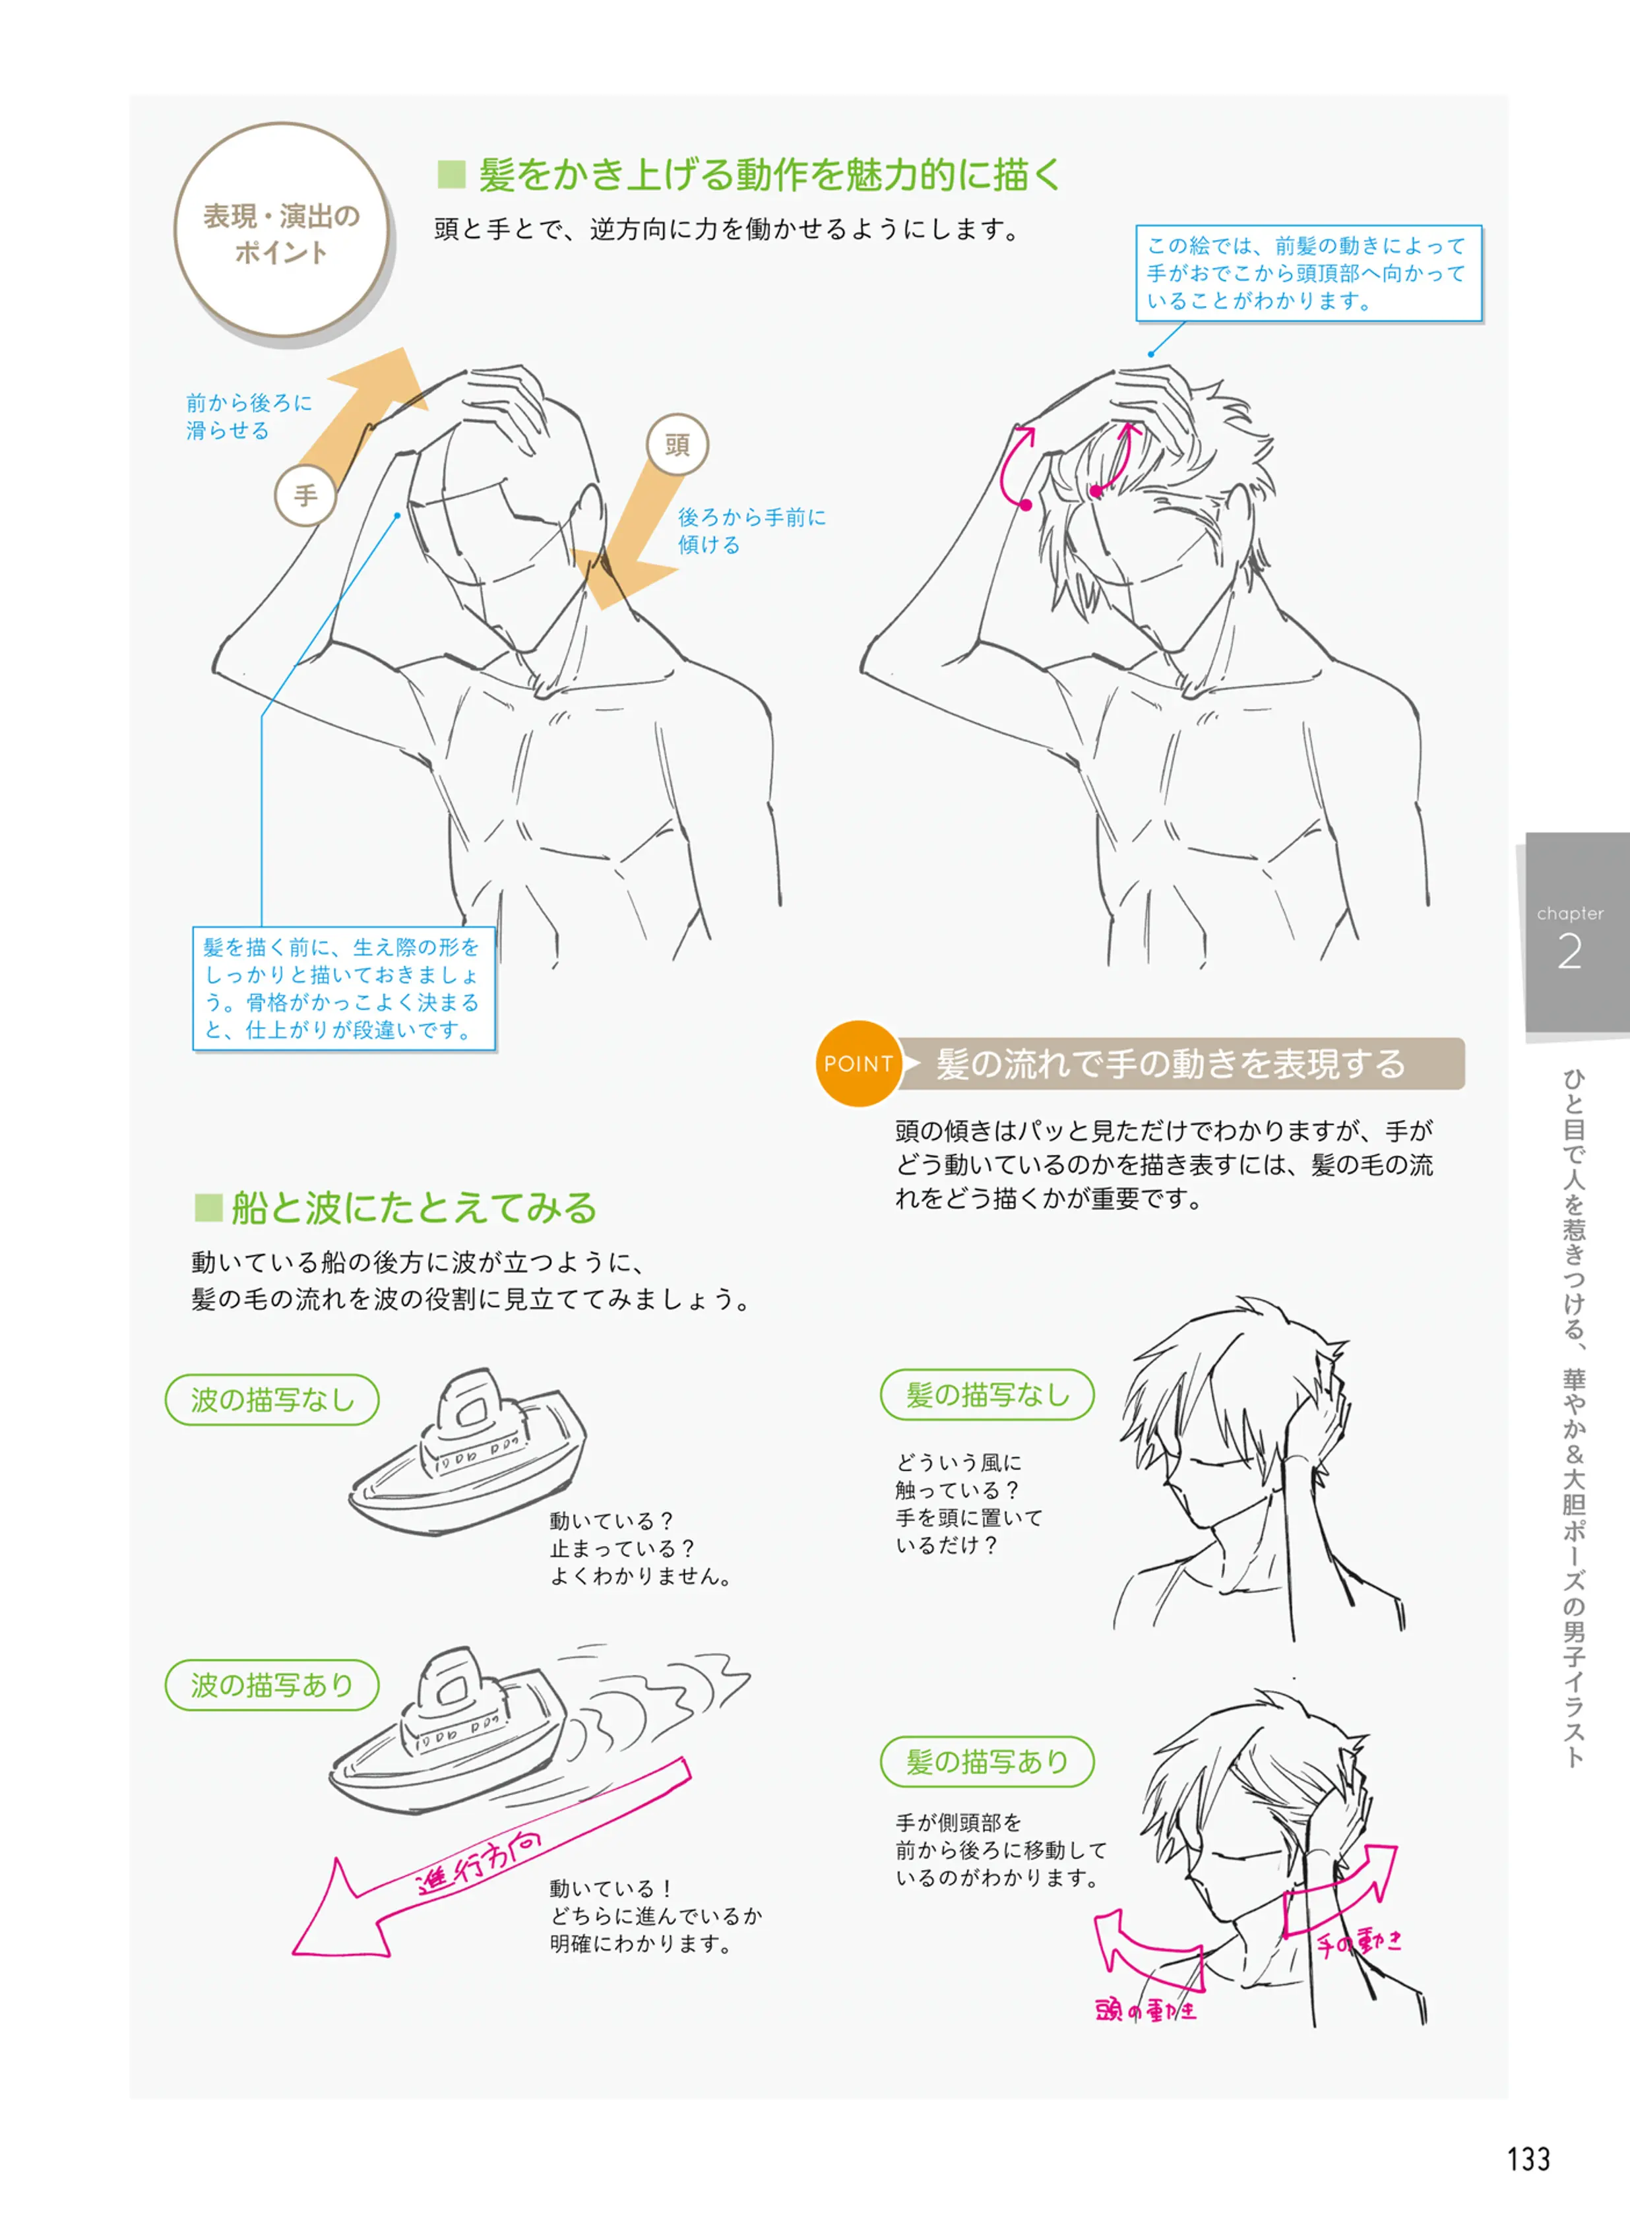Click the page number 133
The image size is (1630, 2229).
1528,2159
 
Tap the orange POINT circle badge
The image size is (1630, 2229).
858,1063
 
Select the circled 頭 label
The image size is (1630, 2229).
677,445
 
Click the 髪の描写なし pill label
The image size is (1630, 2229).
987,1395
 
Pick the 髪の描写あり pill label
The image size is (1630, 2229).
987,1761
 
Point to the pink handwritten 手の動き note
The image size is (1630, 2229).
1359,1943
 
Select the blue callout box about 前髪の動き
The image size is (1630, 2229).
1309,273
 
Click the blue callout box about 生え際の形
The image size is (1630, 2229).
344,988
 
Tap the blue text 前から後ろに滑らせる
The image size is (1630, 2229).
249,416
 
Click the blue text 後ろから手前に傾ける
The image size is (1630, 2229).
752,531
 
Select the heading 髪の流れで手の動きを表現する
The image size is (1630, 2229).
1170,1063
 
